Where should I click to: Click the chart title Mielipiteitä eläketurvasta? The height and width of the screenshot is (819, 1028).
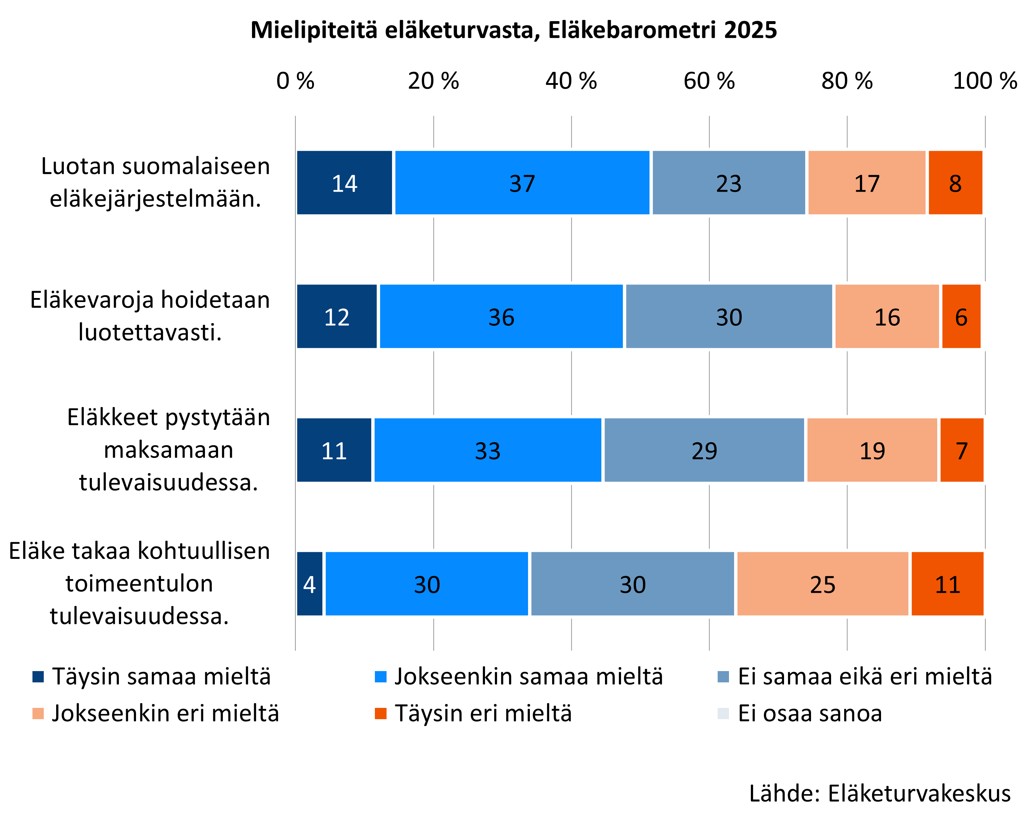513,30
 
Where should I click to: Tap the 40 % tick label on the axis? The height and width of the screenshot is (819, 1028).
571,81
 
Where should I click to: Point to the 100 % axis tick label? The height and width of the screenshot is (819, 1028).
985,81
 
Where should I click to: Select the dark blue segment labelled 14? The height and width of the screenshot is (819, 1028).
344,183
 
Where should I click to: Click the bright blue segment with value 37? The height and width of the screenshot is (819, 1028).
522,183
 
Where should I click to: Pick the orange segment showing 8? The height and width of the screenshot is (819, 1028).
955,183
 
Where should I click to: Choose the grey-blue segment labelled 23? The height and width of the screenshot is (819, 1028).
729,183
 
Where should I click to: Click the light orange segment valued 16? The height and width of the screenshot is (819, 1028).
887,317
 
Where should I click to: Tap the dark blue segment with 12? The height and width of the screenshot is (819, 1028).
337,317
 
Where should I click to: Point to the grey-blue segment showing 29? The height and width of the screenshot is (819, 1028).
704,450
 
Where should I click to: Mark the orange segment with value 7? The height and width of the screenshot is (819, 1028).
962,450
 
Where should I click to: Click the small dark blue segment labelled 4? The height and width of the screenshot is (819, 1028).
310,584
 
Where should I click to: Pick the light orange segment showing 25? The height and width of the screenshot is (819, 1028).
822,584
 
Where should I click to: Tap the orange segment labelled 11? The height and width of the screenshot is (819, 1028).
947,584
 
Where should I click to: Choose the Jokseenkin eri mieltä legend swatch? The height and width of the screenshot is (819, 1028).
38,714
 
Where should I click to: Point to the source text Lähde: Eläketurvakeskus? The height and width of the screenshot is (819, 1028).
880,793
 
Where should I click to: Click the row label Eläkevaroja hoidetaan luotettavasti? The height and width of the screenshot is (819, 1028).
150,316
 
